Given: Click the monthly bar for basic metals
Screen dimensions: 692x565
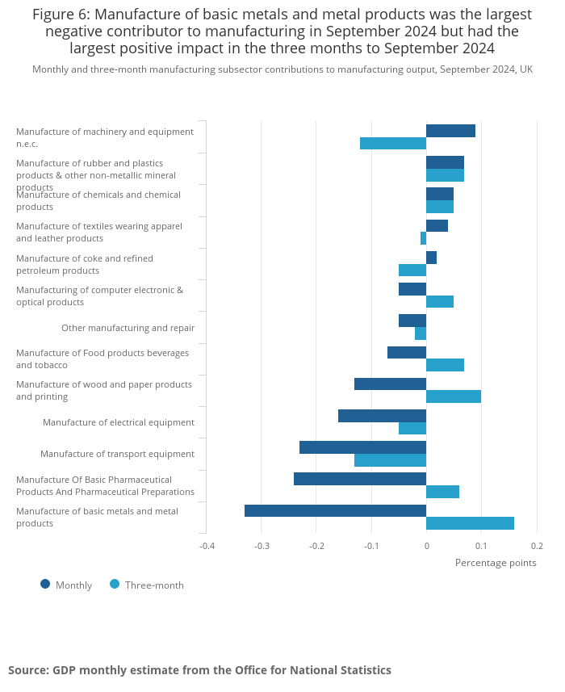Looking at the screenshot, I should coord(335,510).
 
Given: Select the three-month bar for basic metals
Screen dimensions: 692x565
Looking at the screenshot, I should coord(470,523).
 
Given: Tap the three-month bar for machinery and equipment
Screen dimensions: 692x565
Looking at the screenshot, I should coord(393,144).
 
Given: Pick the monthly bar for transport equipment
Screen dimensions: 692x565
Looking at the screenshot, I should coord(362,447).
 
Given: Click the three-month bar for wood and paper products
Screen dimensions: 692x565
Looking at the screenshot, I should coord(454,396).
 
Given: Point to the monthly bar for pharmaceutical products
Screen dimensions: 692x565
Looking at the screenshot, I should coord(360,479).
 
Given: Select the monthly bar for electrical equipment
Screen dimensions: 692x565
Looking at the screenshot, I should coord(382,416).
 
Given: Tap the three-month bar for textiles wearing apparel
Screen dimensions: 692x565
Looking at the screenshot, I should coord(423,238).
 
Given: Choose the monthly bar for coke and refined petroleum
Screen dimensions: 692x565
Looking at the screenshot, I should coord(431,258).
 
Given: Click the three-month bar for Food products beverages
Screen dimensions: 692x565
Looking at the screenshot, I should coord(445,365).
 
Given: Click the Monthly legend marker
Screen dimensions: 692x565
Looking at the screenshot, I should coord(45,584).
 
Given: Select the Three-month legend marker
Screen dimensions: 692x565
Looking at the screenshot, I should coord(115,584).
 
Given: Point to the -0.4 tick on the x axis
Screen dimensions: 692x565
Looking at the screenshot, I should coord(207,546).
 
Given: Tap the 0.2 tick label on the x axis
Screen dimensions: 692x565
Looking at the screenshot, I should coord(537,546).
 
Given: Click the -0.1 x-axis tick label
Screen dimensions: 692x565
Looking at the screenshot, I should coord(371,546).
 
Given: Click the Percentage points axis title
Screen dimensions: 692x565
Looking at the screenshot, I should coord(496,563).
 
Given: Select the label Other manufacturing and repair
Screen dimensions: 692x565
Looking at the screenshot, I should coord(128,328).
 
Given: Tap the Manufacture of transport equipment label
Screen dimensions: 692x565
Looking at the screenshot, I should coord(117,454).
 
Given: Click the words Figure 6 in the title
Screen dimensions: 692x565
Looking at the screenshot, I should coord(62,15).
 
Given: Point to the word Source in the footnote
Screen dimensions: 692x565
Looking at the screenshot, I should coord(27,670).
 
